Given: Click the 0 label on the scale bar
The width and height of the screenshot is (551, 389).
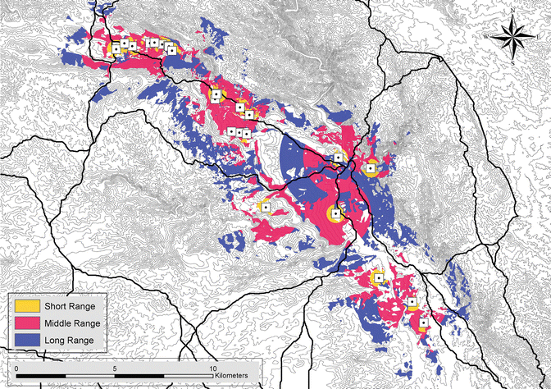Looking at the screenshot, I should coord(16,368).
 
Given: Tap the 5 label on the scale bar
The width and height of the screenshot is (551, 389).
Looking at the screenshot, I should coord(115,368).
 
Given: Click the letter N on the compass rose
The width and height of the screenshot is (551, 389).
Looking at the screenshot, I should coord(512,9).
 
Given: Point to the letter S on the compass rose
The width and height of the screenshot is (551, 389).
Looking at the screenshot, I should coord(512,62).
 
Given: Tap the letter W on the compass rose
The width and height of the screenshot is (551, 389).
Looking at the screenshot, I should coord(485,36).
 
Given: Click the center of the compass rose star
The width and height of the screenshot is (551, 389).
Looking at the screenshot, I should coord(512,36).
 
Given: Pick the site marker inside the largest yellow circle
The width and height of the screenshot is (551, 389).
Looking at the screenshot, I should coord(335,215).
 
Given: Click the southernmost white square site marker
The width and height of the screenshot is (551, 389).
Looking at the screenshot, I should coord(423,323).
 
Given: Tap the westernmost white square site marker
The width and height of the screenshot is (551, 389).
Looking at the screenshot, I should coord(116,48).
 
